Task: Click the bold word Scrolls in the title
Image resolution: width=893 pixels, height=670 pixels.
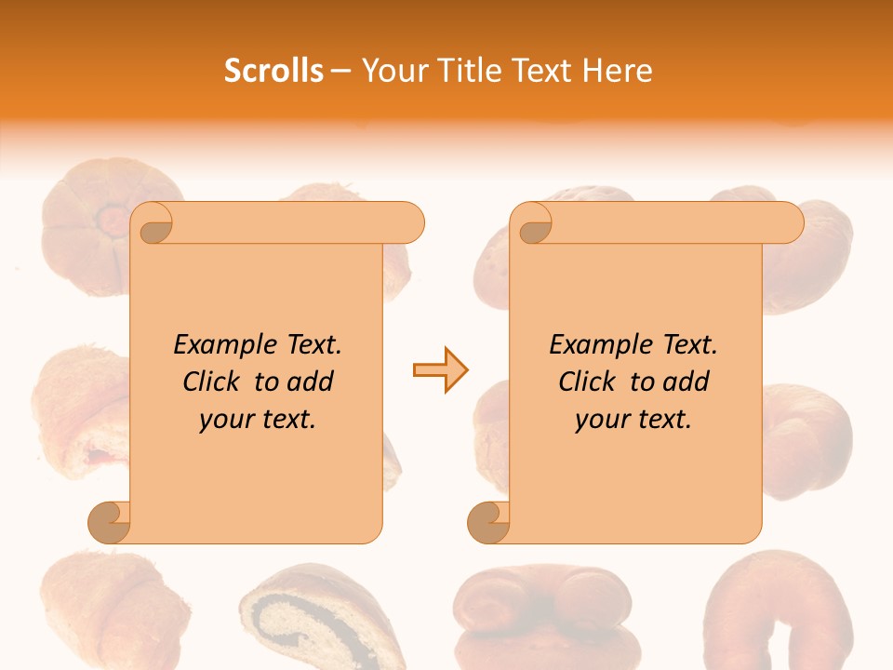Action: pos(273,71)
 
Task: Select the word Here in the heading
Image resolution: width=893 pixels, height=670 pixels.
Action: pos(618,71)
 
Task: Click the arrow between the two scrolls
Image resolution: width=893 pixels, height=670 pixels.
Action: pos(440,370)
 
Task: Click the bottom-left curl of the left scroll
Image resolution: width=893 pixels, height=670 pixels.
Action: pos(109,523)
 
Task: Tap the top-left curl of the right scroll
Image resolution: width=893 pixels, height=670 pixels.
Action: pos(535,224)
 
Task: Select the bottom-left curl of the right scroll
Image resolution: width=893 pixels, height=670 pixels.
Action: pos(488,523)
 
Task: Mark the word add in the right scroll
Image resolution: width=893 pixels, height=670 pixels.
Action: pos(687,382)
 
